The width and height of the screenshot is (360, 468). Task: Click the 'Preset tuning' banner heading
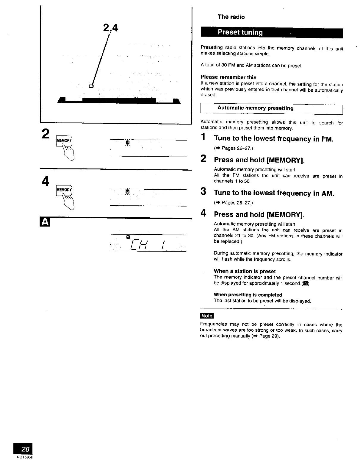240,32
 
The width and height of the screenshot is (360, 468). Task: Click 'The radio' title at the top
231,17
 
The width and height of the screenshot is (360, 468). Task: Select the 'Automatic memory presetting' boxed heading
255,108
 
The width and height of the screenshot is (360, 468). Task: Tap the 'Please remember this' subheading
228,77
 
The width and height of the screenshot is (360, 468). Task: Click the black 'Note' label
207,316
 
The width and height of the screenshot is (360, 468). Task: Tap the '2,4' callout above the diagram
110,28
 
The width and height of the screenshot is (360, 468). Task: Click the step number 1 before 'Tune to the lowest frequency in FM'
203,138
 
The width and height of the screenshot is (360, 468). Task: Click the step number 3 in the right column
203,192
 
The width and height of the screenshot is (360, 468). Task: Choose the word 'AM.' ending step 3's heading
328,193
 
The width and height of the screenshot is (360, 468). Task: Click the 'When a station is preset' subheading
245,271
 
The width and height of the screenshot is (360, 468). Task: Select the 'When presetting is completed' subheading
248,295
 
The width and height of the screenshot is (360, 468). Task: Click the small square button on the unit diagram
91,86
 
